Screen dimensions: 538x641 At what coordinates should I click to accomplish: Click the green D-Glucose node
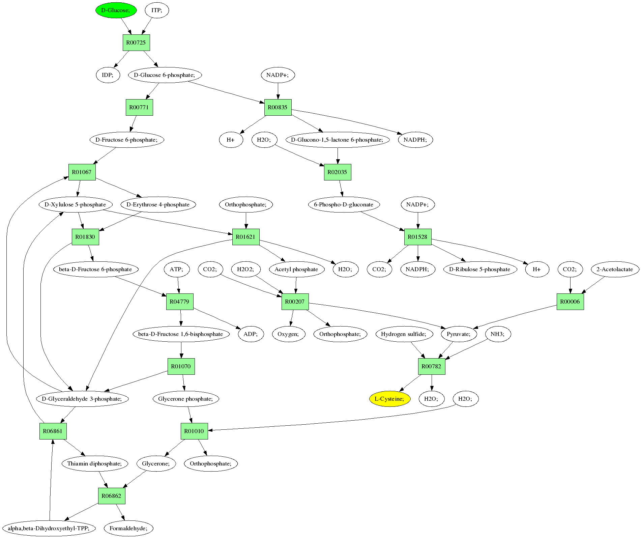point(116,10)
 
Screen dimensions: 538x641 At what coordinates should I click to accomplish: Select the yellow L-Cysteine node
point(390,399)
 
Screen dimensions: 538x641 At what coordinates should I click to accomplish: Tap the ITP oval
point(156,10)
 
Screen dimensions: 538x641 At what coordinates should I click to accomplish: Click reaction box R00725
point(136,43)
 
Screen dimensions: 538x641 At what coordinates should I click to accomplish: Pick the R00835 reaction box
point(278,107)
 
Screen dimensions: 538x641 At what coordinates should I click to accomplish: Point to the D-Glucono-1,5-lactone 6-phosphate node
point(337,140)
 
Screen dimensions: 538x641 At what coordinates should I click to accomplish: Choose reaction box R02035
point(337,172)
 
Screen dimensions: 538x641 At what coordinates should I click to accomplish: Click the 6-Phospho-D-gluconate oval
point(344,204)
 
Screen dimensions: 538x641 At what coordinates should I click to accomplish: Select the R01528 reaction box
point(417,237)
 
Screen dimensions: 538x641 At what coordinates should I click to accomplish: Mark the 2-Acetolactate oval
point(615,269)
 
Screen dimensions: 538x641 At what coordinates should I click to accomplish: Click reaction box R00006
point(570,302)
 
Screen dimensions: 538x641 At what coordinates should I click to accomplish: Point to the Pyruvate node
point(459,334)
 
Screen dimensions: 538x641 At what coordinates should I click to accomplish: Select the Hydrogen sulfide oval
point(404,334)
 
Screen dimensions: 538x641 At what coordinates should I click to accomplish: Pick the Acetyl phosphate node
point(296,269)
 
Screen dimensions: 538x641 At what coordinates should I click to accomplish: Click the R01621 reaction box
point(245,237)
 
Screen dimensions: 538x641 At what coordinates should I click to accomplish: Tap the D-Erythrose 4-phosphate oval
point(158,204)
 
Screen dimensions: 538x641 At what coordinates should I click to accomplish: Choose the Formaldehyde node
point(128,528)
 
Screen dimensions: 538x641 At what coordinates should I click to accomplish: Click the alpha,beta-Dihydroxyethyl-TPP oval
point(49,528)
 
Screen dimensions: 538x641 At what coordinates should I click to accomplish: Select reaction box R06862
point(111,496)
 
